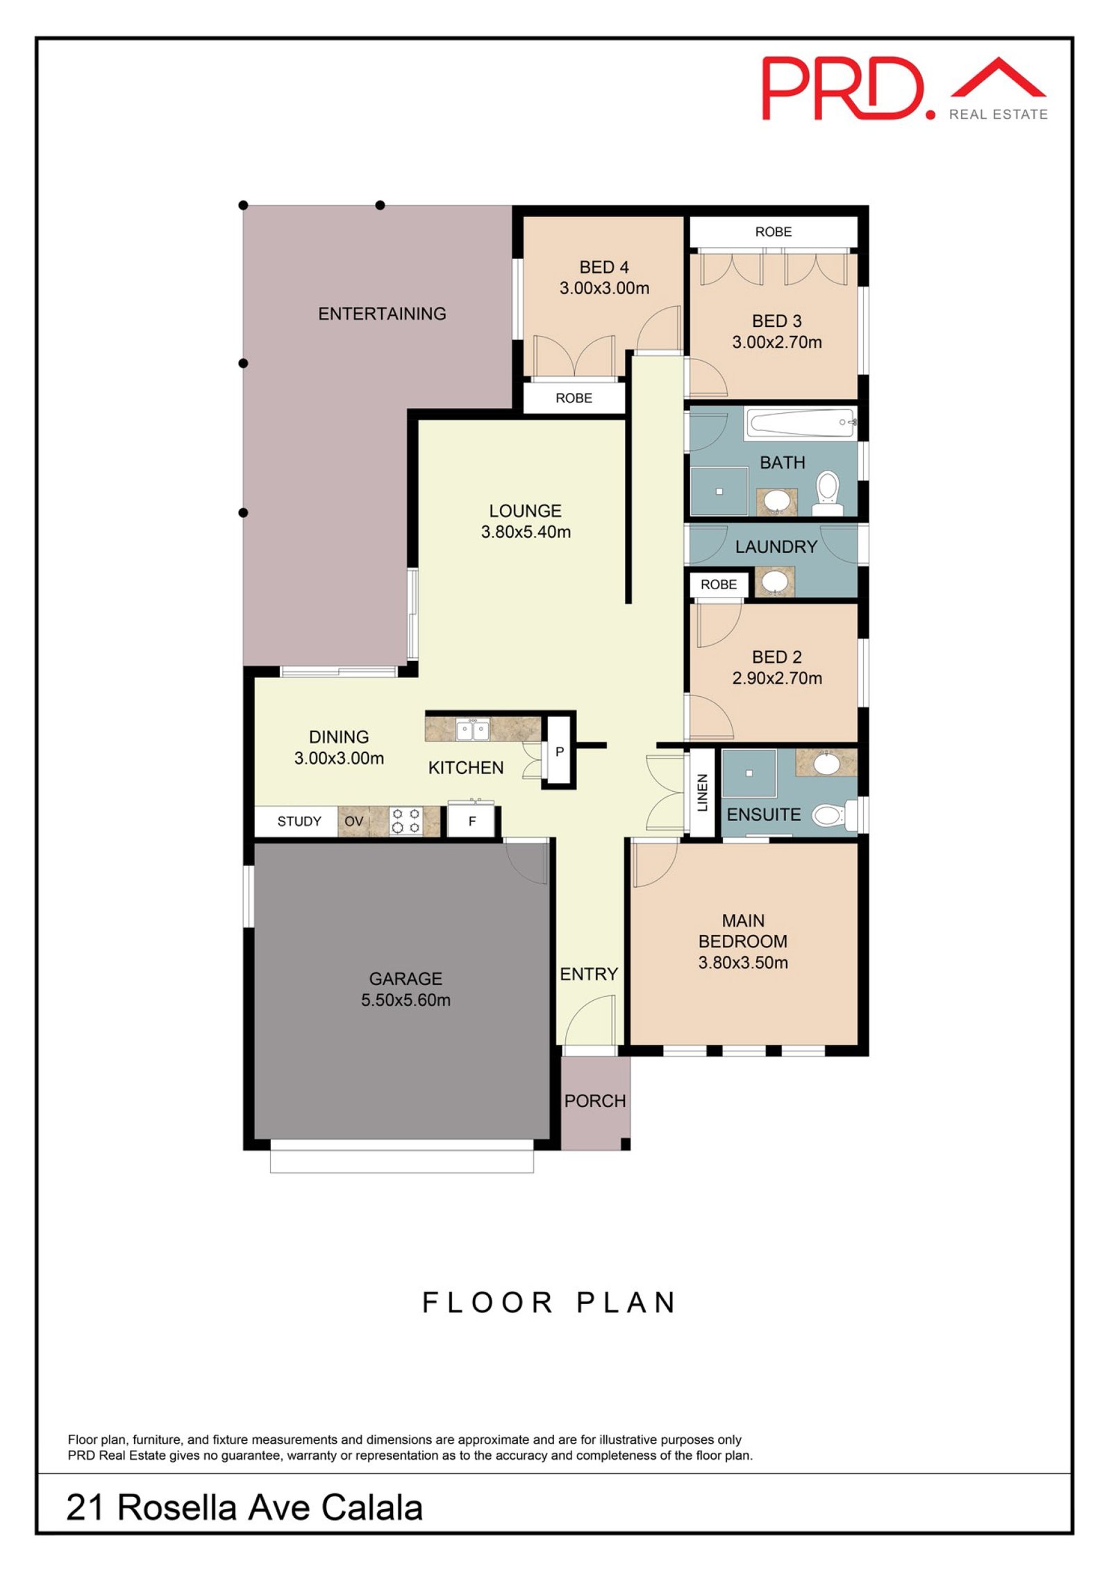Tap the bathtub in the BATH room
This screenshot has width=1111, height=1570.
coord(801,423)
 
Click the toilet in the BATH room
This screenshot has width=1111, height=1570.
coord(827,491)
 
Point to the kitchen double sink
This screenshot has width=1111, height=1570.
coord(471,729)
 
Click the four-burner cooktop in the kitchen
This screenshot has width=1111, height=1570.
coord(406,820)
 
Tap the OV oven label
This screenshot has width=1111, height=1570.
coord(353,821)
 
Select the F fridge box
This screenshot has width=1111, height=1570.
coord(471,821)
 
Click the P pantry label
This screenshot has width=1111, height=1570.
coord(559,752)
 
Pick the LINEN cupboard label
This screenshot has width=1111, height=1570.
coord(702,792)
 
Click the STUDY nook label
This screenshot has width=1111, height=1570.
coord(299,821)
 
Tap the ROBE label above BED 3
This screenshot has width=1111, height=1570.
coord(773,232)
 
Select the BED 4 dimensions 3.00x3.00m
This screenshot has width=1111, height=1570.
coord(604,288)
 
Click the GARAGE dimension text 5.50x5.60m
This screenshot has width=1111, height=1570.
coord(406,1000)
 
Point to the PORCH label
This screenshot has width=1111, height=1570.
coord(594,1101)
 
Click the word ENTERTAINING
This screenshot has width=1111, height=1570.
coord(382,314)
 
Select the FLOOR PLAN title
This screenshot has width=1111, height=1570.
coord(549,1303)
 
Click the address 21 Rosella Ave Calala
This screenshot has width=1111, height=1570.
coord(244,1508)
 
